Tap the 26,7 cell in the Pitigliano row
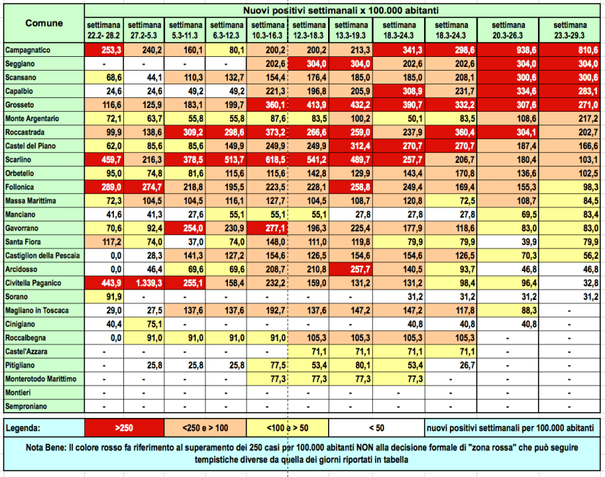pos(447,365)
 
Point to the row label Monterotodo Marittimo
pos(41,378)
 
